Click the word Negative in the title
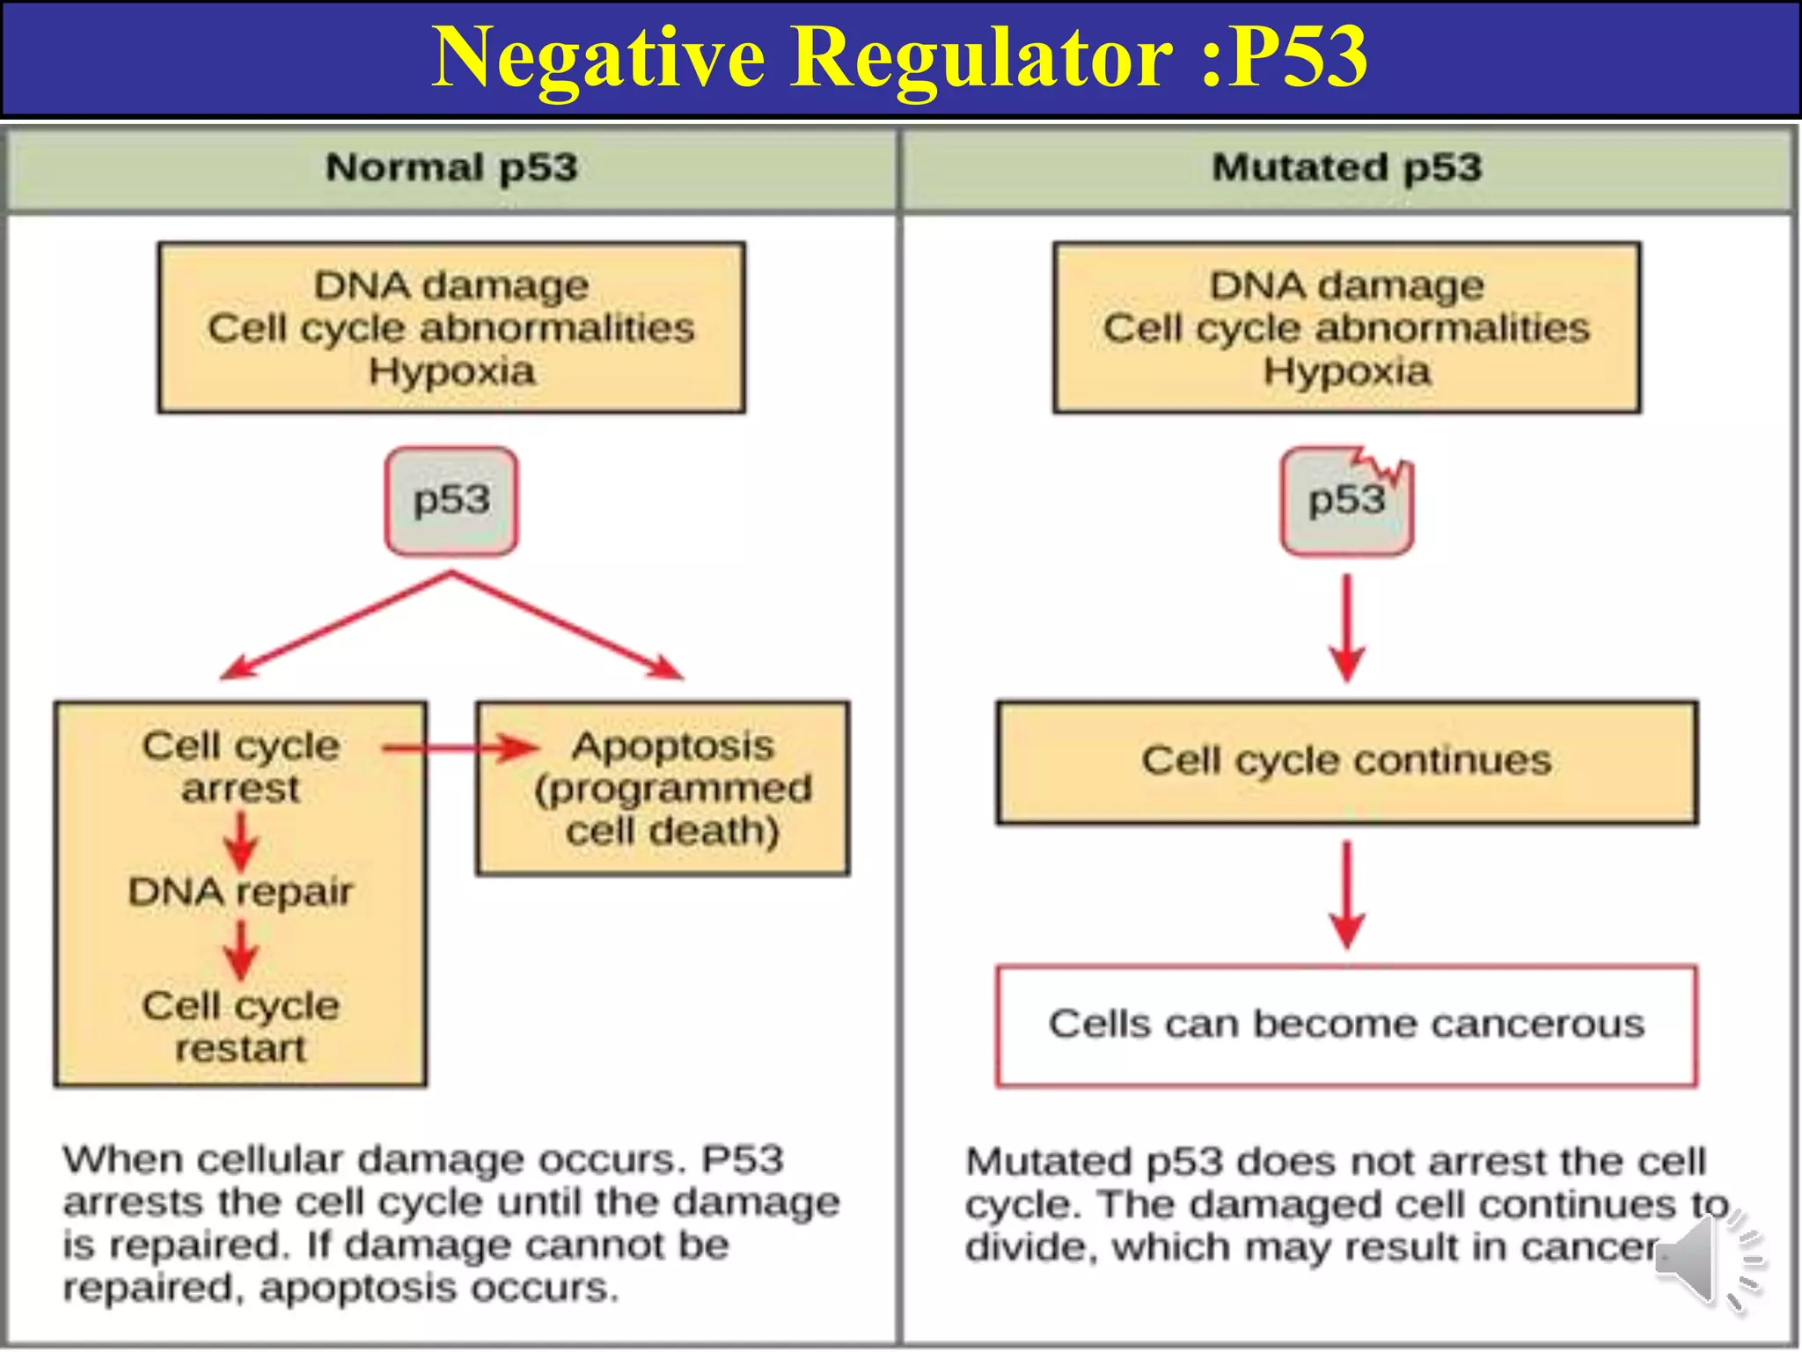click(598, 58)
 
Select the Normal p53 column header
click(451, 167)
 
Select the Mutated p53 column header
click(1346, 167)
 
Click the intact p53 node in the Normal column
click(451, 501)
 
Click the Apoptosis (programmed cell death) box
click(663, 788)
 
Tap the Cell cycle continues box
click(1346, 761)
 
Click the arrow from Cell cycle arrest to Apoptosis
click(461, 749)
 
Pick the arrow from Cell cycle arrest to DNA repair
click(240, 841)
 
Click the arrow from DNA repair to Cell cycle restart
click(240, 951)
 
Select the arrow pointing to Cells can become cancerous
click(1346, 893)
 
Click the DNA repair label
click(240, 893)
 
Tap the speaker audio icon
click(1707, 1260)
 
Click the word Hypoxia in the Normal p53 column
click(451, 371)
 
